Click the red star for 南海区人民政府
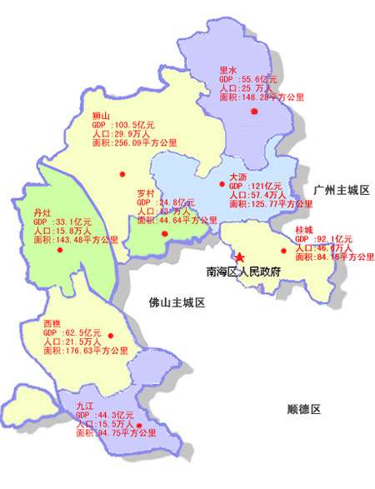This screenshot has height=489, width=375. coord(241,259)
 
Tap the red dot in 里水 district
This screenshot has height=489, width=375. coord(254,112)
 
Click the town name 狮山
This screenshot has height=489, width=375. coord(101,115)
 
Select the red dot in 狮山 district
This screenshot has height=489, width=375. coord(122,173)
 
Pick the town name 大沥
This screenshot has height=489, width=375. coord(237,177)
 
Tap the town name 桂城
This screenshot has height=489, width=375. coord(304,229)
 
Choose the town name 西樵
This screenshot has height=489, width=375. coord(52,322)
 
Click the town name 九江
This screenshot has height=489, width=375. coord(84,405)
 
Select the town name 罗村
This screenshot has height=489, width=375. coord(146,192)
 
